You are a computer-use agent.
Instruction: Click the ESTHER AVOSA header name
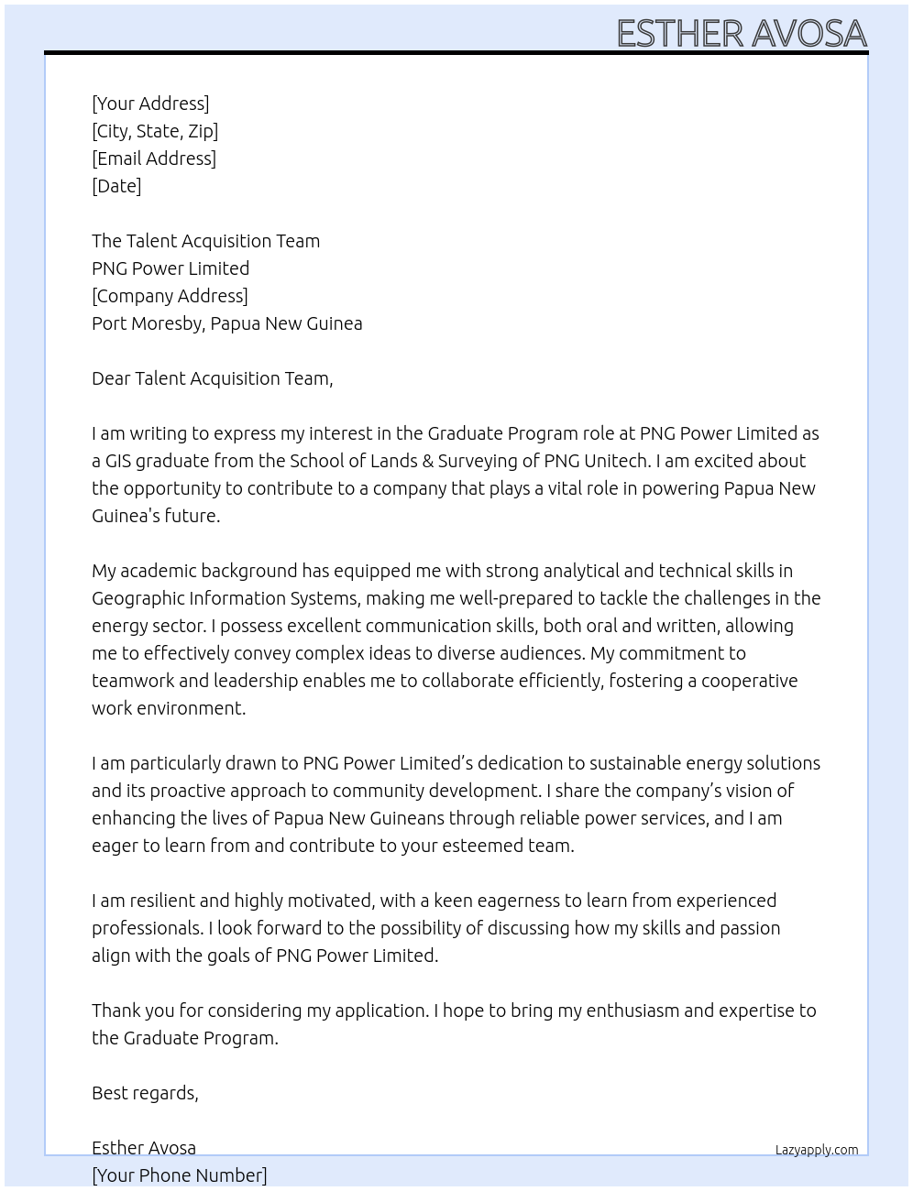(741, 34)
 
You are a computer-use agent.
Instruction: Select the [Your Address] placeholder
(150, 104)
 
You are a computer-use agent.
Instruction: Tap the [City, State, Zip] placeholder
(155, 131)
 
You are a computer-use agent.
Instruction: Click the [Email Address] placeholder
(154, 158)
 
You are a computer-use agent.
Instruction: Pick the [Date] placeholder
(116, 186)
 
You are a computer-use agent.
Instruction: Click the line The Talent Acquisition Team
(205, 241)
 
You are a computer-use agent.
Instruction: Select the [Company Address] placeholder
(170, 296)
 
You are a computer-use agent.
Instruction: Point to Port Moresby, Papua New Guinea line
(226, 323)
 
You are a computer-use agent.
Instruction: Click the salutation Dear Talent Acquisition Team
(212, 378)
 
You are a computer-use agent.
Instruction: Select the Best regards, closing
(145, 1093)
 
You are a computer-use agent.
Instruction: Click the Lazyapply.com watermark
(817, 1150)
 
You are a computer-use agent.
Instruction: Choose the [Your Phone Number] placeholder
(179, 1175)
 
